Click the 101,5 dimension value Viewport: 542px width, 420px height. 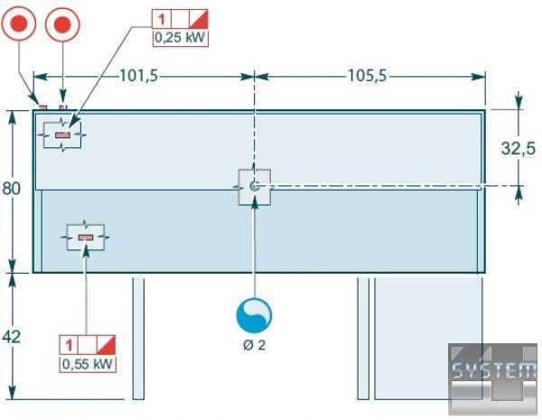coord(138,77)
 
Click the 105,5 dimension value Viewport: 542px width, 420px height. coord(367,77)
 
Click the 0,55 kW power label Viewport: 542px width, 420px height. coord(89,364)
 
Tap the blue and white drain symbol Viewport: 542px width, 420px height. coord(254,315)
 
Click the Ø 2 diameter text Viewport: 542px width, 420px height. coord(254,345)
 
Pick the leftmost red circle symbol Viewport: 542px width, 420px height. coord(20,24)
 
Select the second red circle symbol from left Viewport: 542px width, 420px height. coord(62,24)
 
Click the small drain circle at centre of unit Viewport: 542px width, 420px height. coord(254,185)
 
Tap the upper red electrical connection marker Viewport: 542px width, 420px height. coord(62,135)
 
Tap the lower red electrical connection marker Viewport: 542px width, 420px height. coord(86,238)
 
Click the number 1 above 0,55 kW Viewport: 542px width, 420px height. coord(69,345)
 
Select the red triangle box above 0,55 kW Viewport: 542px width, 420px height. coord(107,345)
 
